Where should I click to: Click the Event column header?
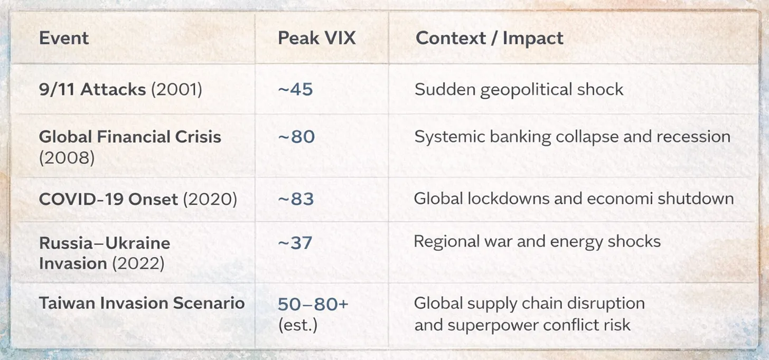click(x=64, y=39)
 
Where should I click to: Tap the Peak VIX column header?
click(x=317, y=39)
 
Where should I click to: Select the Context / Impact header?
click(x=489, y=39)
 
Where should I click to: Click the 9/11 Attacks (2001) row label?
click(x=120, y=89)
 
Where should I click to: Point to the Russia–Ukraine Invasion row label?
click(x=105, y=252)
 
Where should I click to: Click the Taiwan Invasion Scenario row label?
click(x=142, y=303)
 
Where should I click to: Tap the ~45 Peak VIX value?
click(x=295, y=89)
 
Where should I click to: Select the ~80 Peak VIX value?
click(x=296, y=137)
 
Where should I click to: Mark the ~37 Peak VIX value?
click(x=295, y=242)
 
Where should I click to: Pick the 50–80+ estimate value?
click(x=313, y=305)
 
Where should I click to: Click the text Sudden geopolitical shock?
click(x=519, y=89)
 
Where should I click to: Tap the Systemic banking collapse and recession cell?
click(x=572, y=137)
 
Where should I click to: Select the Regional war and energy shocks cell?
click(x=537, y=242)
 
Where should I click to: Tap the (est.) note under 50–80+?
click(x=298, y=324)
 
